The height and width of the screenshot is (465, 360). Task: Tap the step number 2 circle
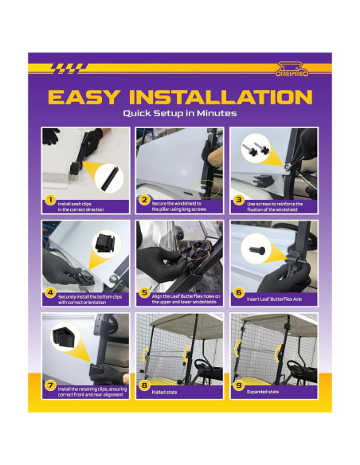coord(143,201)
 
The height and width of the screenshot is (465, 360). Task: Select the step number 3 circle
coord(237,201)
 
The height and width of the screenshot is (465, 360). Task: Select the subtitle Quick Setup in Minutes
coord(179,114)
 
